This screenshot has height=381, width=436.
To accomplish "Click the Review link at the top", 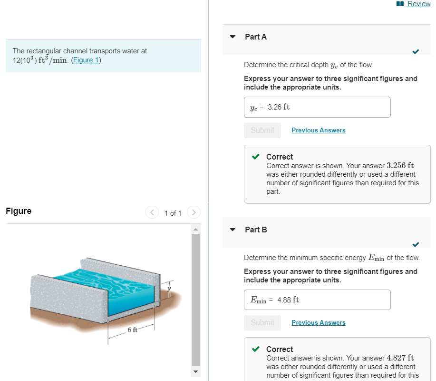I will point(418,4).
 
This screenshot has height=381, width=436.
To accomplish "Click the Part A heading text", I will point(256,37).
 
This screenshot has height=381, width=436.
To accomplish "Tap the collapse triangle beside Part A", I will point(233,37).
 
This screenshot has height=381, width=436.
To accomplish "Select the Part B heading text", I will point(256,230).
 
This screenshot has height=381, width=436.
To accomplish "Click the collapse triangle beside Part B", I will point(233,230).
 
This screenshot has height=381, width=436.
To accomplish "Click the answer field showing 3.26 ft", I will point(317,107).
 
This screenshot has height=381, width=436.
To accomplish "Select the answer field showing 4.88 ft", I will point(317,300).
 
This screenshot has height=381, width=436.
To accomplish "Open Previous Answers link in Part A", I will point(319,130).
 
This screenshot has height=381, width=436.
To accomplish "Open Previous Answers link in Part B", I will point(319,322).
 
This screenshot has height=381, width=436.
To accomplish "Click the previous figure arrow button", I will point(152,212).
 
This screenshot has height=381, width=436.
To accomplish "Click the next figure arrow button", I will point(194,212).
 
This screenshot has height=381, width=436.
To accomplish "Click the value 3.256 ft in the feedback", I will point(400,166).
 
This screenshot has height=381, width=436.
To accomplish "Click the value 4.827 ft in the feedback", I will point(400,358).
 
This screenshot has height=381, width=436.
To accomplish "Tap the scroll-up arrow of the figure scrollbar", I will point(195,229).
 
